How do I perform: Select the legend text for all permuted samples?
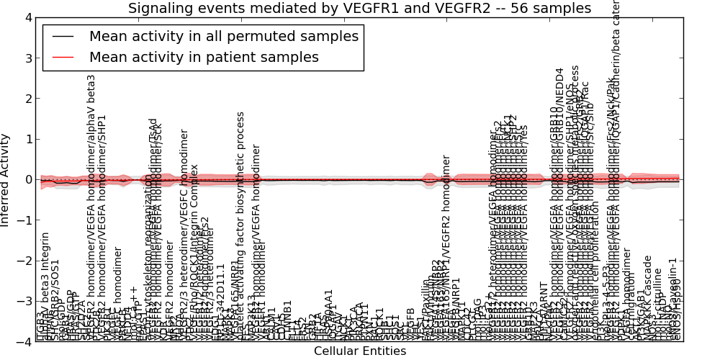pyautogui.click(x=223, y=36)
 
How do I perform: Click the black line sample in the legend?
pyautogui.click(x=63, y=36)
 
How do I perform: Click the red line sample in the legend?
pyautogui.click(x=63, y=56)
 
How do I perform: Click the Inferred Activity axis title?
pyautogui.click(x=6, y=180)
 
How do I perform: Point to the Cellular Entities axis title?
pyautogui.click(x=360, y=351)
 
